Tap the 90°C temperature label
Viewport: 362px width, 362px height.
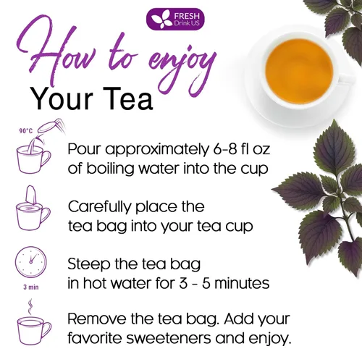[26, 131]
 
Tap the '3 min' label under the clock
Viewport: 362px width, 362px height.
[30, 286]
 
